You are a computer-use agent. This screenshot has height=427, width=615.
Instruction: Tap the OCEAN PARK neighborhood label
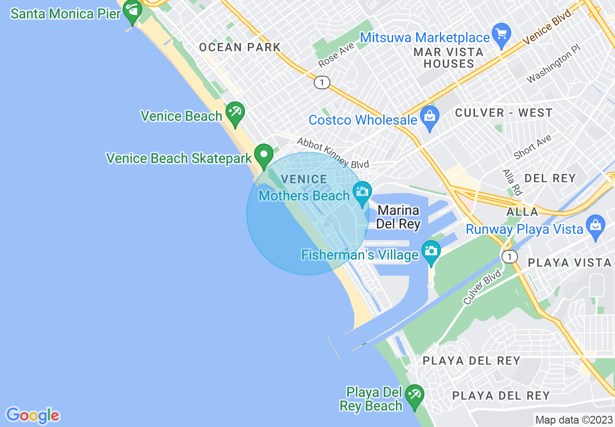click(x=240, y=47)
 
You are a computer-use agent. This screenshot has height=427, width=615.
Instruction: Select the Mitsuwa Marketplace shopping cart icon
click(x=502, y=34)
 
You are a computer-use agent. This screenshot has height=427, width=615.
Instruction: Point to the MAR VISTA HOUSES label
click(x=448, y=58)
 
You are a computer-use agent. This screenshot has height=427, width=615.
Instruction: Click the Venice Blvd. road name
click(x=548, y=28)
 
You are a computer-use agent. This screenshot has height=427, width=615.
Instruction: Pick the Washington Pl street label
click(x=553, y=67)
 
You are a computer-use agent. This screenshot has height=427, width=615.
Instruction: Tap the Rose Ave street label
click(x=336, y=56)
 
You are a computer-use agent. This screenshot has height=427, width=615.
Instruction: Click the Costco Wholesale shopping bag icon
click(x=429, y=117)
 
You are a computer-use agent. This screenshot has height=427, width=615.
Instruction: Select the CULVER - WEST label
click(x=503, y=113)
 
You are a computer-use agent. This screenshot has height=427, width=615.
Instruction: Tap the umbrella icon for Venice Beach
click(x=236, y=113)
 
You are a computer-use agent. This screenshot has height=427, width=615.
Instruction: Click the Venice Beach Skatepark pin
click(x=264, y=155)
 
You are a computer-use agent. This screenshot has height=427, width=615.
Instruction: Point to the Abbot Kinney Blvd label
click(x=333, y=152)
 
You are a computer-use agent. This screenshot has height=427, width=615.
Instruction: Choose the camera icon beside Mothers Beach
click(x=362, y=192)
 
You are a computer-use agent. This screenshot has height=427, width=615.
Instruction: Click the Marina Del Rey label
click(x=398, y=217)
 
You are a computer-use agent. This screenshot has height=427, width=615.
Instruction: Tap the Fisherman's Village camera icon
click(x=431, y=251)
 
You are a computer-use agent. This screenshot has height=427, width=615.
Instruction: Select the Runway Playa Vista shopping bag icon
click(x=595, y=226)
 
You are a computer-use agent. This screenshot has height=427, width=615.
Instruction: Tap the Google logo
click(x=33, y=415)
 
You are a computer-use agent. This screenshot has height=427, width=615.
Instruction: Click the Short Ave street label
click(x=532, y=147)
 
